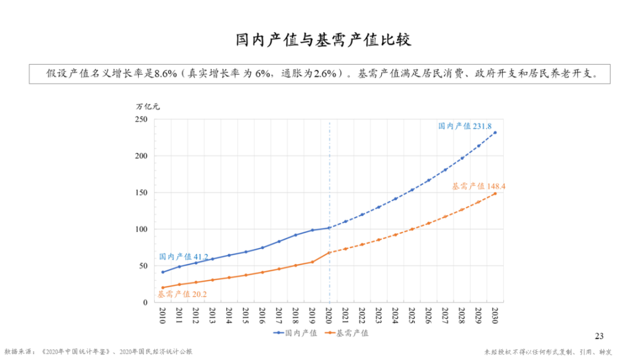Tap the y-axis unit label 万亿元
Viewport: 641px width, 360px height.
point(148,107)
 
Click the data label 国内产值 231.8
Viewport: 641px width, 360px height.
point(465,126)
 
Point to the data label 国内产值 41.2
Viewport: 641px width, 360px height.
point(183,257)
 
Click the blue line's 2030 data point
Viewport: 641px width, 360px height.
point(495,133)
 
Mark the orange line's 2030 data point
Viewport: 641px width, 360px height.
point(495,193)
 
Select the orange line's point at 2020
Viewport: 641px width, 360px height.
point(329,253)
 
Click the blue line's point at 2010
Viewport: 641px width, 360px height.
point(162,272)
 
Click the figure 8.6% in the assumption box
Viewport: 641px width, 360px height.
point(166,73)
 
